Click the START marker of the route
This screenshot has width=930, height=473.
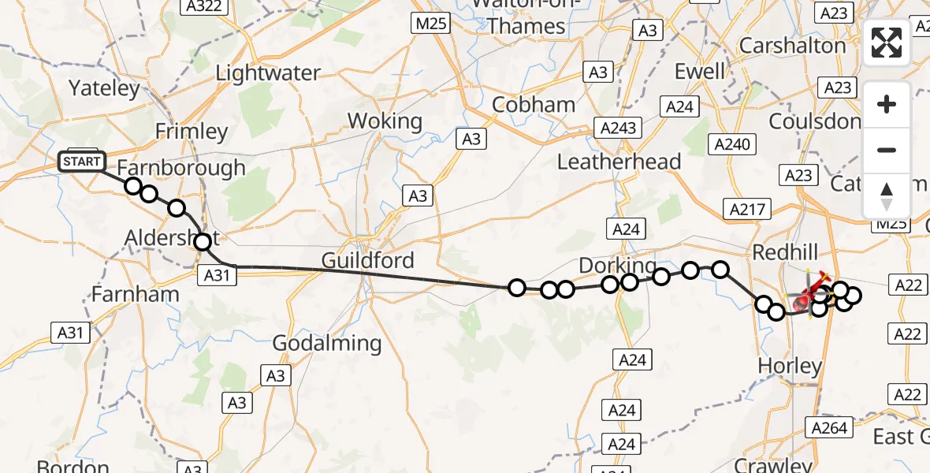[x=81, y=162]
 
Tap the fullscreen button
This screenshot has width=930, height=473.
[x=887, y=43]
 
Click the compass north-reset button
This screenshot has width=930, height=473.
[x=887, y=196]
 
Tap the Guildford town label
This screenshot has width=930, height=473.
[x=367, y=260]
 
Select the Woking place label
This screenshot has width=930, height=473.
[x=385, y=121]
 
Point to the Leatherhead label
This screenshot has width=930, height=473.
[x=619, y=162]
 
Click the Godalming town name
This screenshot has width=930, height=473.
[x=326, y=343]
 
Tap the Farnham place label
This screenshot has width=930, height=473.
[x=136, y=294]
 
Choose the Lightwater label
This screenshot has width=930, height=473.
[x=268, y=73]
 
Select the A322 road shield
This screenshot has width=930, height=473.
[x=204, y=7]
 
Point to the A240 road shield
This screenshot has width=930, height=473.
[x=732, y=144]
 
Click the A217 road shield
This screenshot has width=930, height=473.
[x=745, y=209]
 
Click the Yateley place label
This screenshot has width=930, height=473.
[x=104, y=88]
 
